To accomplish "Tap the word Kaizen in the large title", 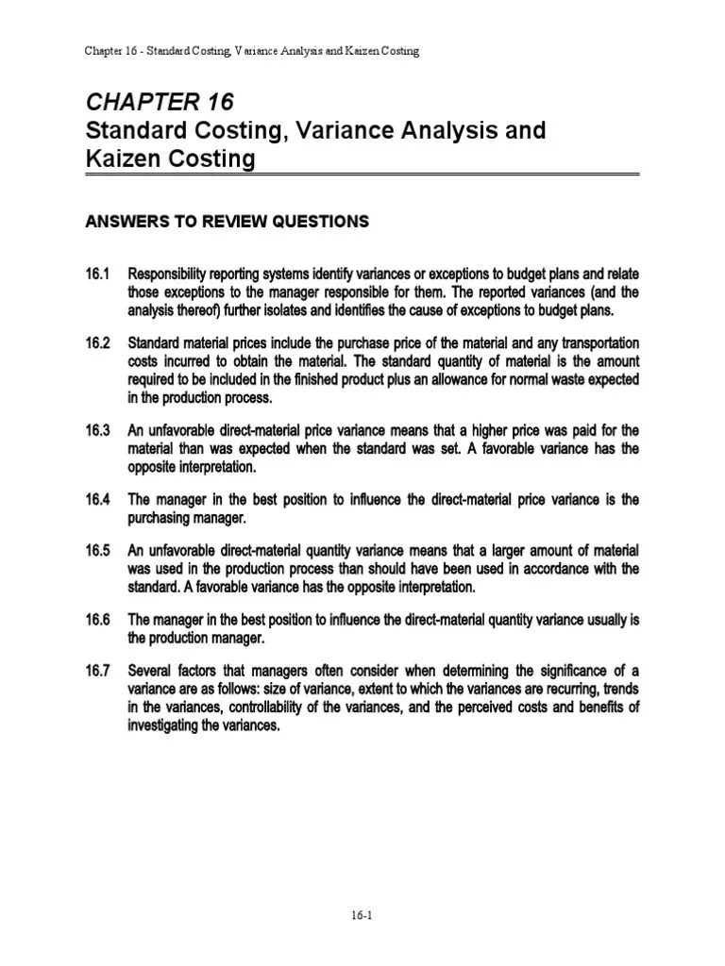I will click(121, 159).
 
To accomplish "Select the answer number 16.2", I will click(98, 343).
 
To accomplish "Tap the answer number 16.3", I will click(98, 430).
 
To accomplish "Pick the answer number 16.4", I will click(98, 499).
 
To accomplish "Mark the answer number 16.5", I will click(98, 551).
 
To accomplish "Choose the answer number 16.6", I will click(98, 620).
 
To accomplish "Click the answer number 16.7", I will click(98, 672).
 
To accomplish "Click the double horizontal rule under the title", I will click(363, 174).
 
